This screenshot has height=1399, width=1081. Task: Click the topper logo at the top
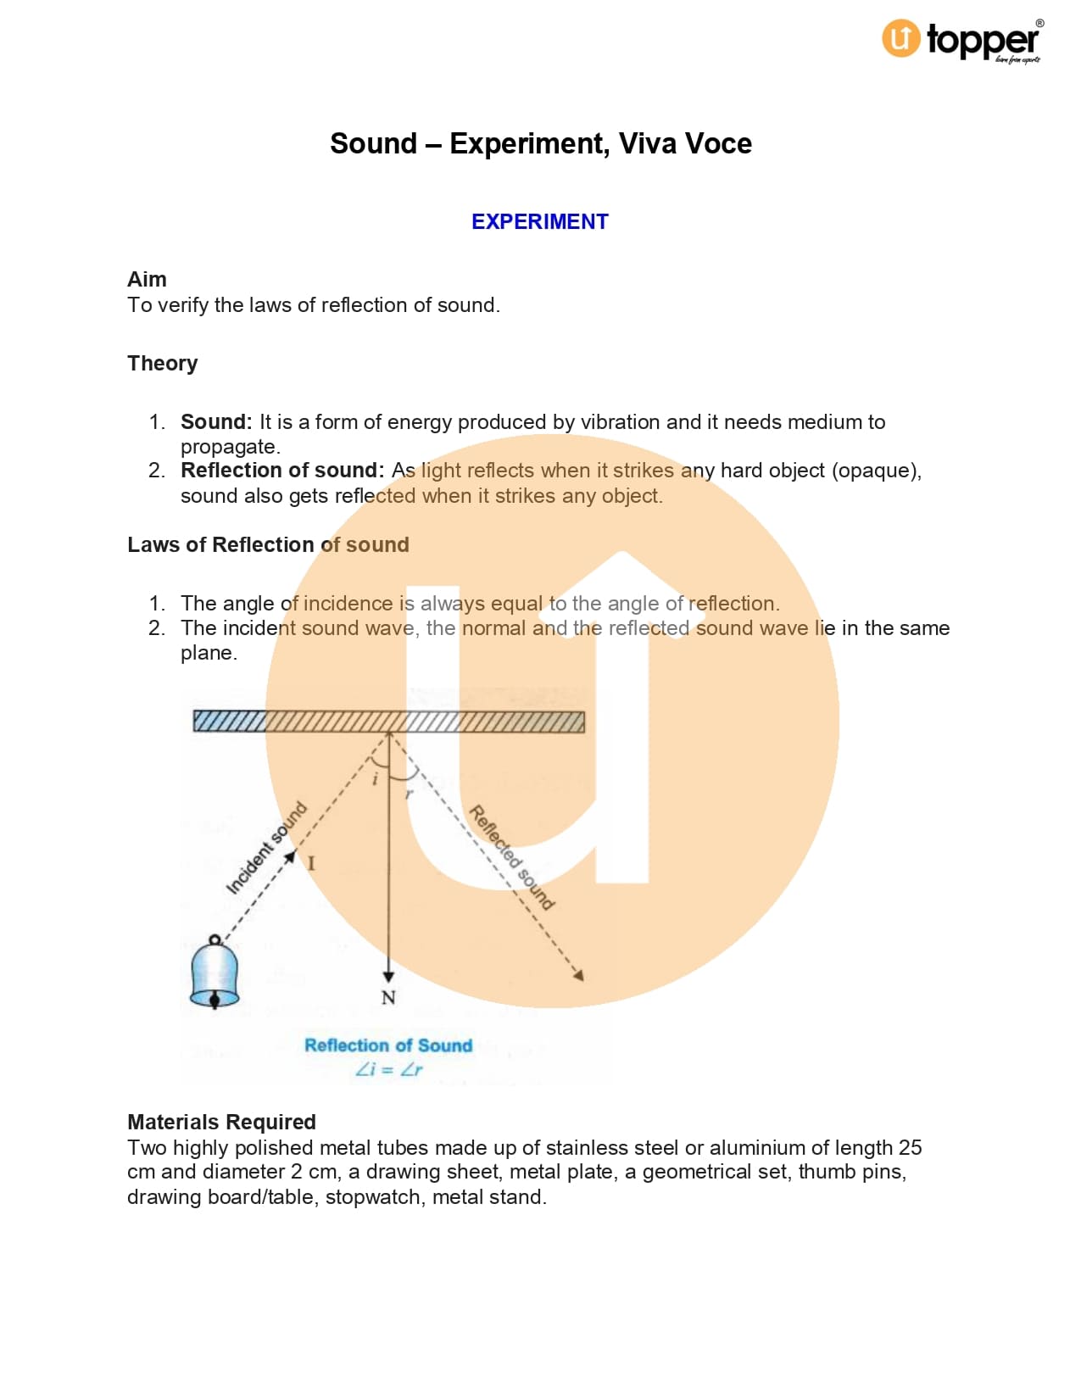(x=962, y=40)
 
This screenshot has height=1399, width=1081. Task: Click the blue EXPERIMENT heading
(x=540, y=221)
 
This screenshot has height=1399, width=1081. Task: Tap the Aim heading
(x=147, y=279)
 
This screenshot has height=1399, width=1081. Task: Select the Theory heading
(x=162, y=363)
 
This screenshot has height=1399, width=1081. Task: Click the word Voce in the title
(x=719, y=143)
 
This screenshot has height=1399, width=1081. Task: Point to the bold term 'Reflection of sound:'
(x=282, y=471)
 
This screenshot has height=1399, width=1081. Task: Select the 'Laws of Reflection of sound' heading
(x=268, y=544)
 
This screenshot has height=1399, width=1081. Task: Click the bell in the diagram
(x=215, y=973)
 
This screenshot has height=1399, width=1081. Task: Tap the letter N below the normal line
(x=388, y=998)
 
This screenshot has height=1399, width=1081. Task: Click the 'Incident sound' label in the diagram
(x=265, y=848)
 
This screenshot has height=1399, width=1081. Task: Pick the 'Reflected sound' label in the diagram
(x=512, y=857)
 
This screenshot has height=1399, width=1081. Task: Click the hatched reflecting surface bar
(x=388, y=722)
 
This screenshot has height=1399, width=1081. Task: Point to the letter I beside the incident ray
(x=311, y=864)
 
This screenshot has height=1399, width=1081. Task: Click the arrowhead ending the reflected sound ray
(x=579, y=976)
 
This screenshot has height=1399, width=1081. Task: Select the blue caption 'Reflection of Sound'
(x=388, y=1045)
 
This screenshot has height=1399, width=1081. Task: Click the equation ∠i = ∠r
(x=388, y=1069)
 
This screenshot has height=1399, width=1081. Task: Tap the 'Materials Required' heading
(x=221, y=1122)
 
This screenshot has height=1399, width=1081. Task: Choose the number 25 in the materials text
(x=910, y=1147)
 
